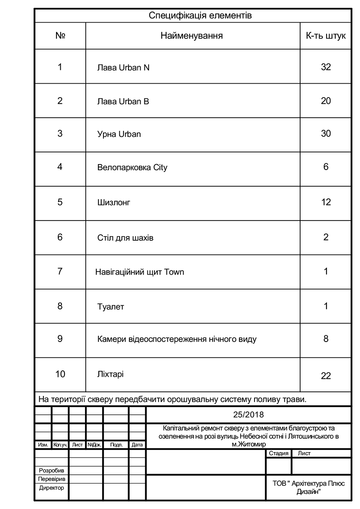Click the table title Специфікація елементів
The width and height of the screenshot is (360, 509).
pyautogui.click(x=200, y=16)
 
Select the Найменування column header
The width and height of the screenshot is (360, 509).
pyautogui.click(x=192, y=36)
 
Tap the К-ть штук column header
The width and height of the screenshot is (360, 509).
pyautogui.click(x=326, y=36)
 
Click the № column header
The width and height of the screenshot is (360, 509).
pyautogui.click(x=60, y=36)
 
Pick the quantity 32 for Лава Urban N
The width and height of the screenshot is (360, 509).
pyautogui.click(x=326, y=67)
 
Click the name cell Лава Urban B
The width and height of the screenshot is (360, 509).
pyautogui.click(x=123, y=101)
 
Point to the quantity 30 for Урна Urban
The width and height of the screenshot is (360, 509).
pyautogui.click(x=326, y=134)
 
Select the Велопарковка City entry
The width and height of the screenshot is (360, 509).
pyautogui.click(x=132, y=167)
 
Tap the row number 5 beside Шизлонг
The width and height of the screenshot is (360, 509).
pyautogui.click(x=60, y=202)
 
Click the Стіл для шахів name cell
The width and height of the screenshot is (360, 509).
pyautogui.click(x=125, y=238)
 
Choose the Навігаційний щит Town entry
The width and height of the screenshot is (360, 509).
pyautogui.click(x=140, y=272)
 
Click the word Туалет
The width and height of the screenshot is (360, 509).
pyautogui.click(x=111, y=307)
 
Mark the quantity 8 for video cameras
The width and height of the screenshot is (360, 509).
pyautogui.click(x=326, y=339)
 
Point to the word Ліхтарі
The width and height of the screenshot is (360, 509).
pyautogui.click(x=110, y=374)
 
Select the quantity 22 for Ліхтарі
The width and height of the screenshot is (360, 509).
pyautogui.click(x=326, y=375)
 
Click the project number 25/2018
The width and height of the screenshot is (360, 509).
pyautogui.click(x=249, y=415)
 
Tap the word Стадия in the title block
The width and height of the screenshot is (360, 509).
pyautogui.click(x=278, y=453)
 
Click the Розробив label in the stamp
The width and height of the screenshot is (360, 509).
pyautogui.click(x=51, y=470)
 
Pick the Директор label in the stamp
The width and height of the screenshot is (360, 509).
pyautogui.click(x=51, y=488)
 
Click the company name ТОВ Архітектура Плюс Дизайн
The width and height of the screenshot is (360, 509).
pyautogui.click(x=309, y=487)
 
